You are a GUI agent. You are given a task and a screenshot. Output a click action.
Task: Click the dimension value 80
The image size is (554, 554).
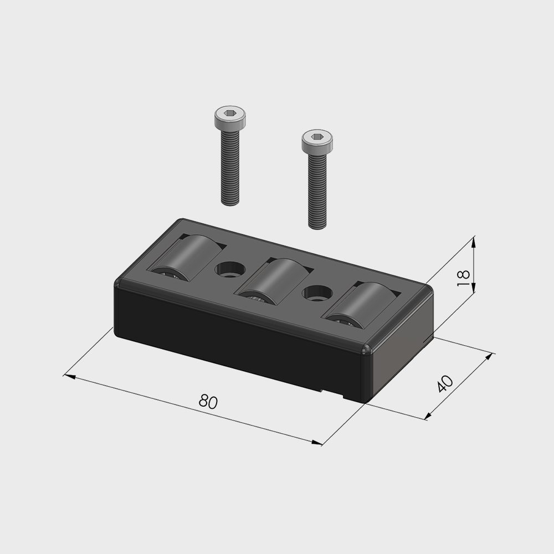pyautogui.click(x=208, y=401)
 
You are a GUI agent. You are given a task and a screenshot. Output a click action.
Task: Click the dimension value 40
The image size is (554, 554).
pyautogui.click(x=445, y=384)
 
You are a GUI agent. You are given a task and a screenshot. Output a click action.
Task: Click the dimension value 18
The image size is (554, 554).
pyautogui.click(x=463, y=278)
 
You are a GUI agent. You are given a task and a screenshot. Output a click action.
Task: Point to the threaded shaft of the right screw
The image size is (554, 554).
pyautogui.click(x=317, y=191)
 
